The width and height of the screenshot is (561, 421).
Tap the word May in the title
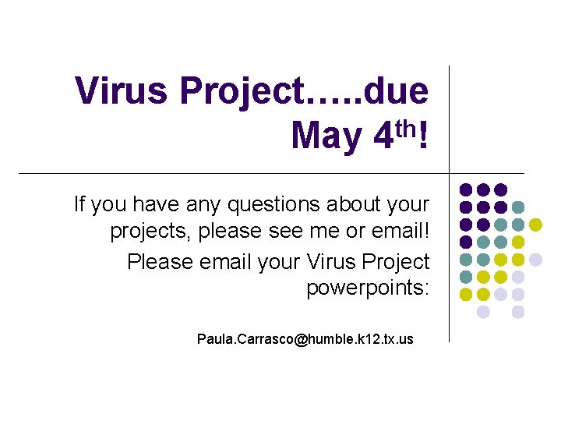pyautogui.click(x=325, y=136)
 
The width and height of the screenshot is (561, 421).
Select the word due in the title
pyautogui.click(x=396, y=92)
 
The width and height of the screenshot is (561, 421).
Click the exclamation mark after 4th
pyautogui.click(x=422, y=136)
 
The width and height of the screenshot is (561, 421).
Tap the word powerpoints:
pyautogui.click(x=367, y=288)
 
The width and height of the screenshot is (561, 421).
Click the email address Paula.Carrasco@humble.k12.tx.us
pyautogui.click(x=305, y=339)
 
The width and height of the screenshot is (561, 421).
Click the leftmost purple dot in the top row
pyautogui.click(x=466, y=189)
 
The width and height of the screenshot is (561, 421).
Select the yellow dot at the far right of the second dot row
pyautogui.click(x=535, y=225)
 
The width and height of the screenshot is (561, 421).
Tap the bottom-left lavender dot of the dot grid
pyautogui.click(x=483, y=312)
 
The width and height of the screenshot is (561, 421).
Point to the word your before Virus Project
pyautogui.click(x=276, y=260)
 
